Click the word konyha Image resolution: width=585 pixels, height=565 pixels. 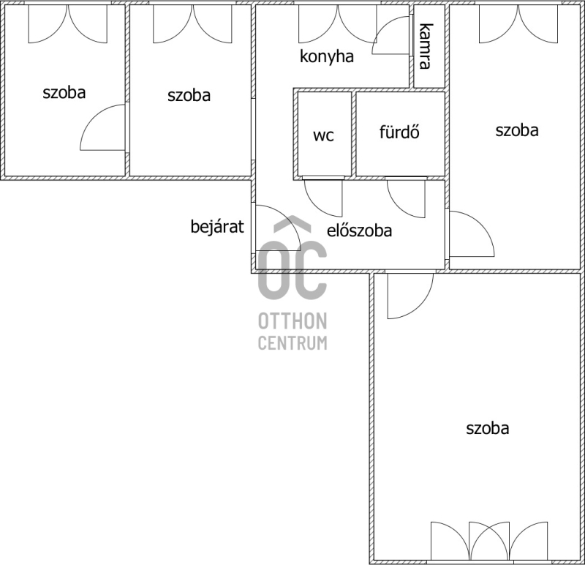[327, 57]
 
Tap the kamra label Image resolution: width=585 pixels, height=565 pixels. [426, 46]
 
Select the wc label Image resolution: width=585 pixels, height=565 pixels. [323, 135]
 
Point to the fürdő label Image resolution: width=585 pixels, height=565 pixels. [399, 132]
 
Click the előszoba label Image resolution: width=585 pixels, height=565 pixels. [359, 231]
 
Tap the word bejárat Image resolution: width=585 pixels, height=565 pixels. [217, 226]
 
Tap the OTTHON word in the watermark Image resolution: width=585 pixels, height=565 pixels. [292, 321]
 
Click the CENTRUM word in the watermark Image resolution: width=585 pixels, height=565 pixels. [292, 343]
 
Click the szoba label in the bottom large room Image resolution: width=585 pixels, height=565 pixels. [487, 428]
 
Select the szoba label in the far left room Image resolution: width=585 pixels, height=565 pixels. [64, 92]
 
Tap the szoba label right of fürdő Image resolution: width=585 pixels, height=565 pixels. [517, 130]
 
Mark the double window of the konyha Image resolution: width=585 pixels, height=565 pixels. [338, 23]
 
